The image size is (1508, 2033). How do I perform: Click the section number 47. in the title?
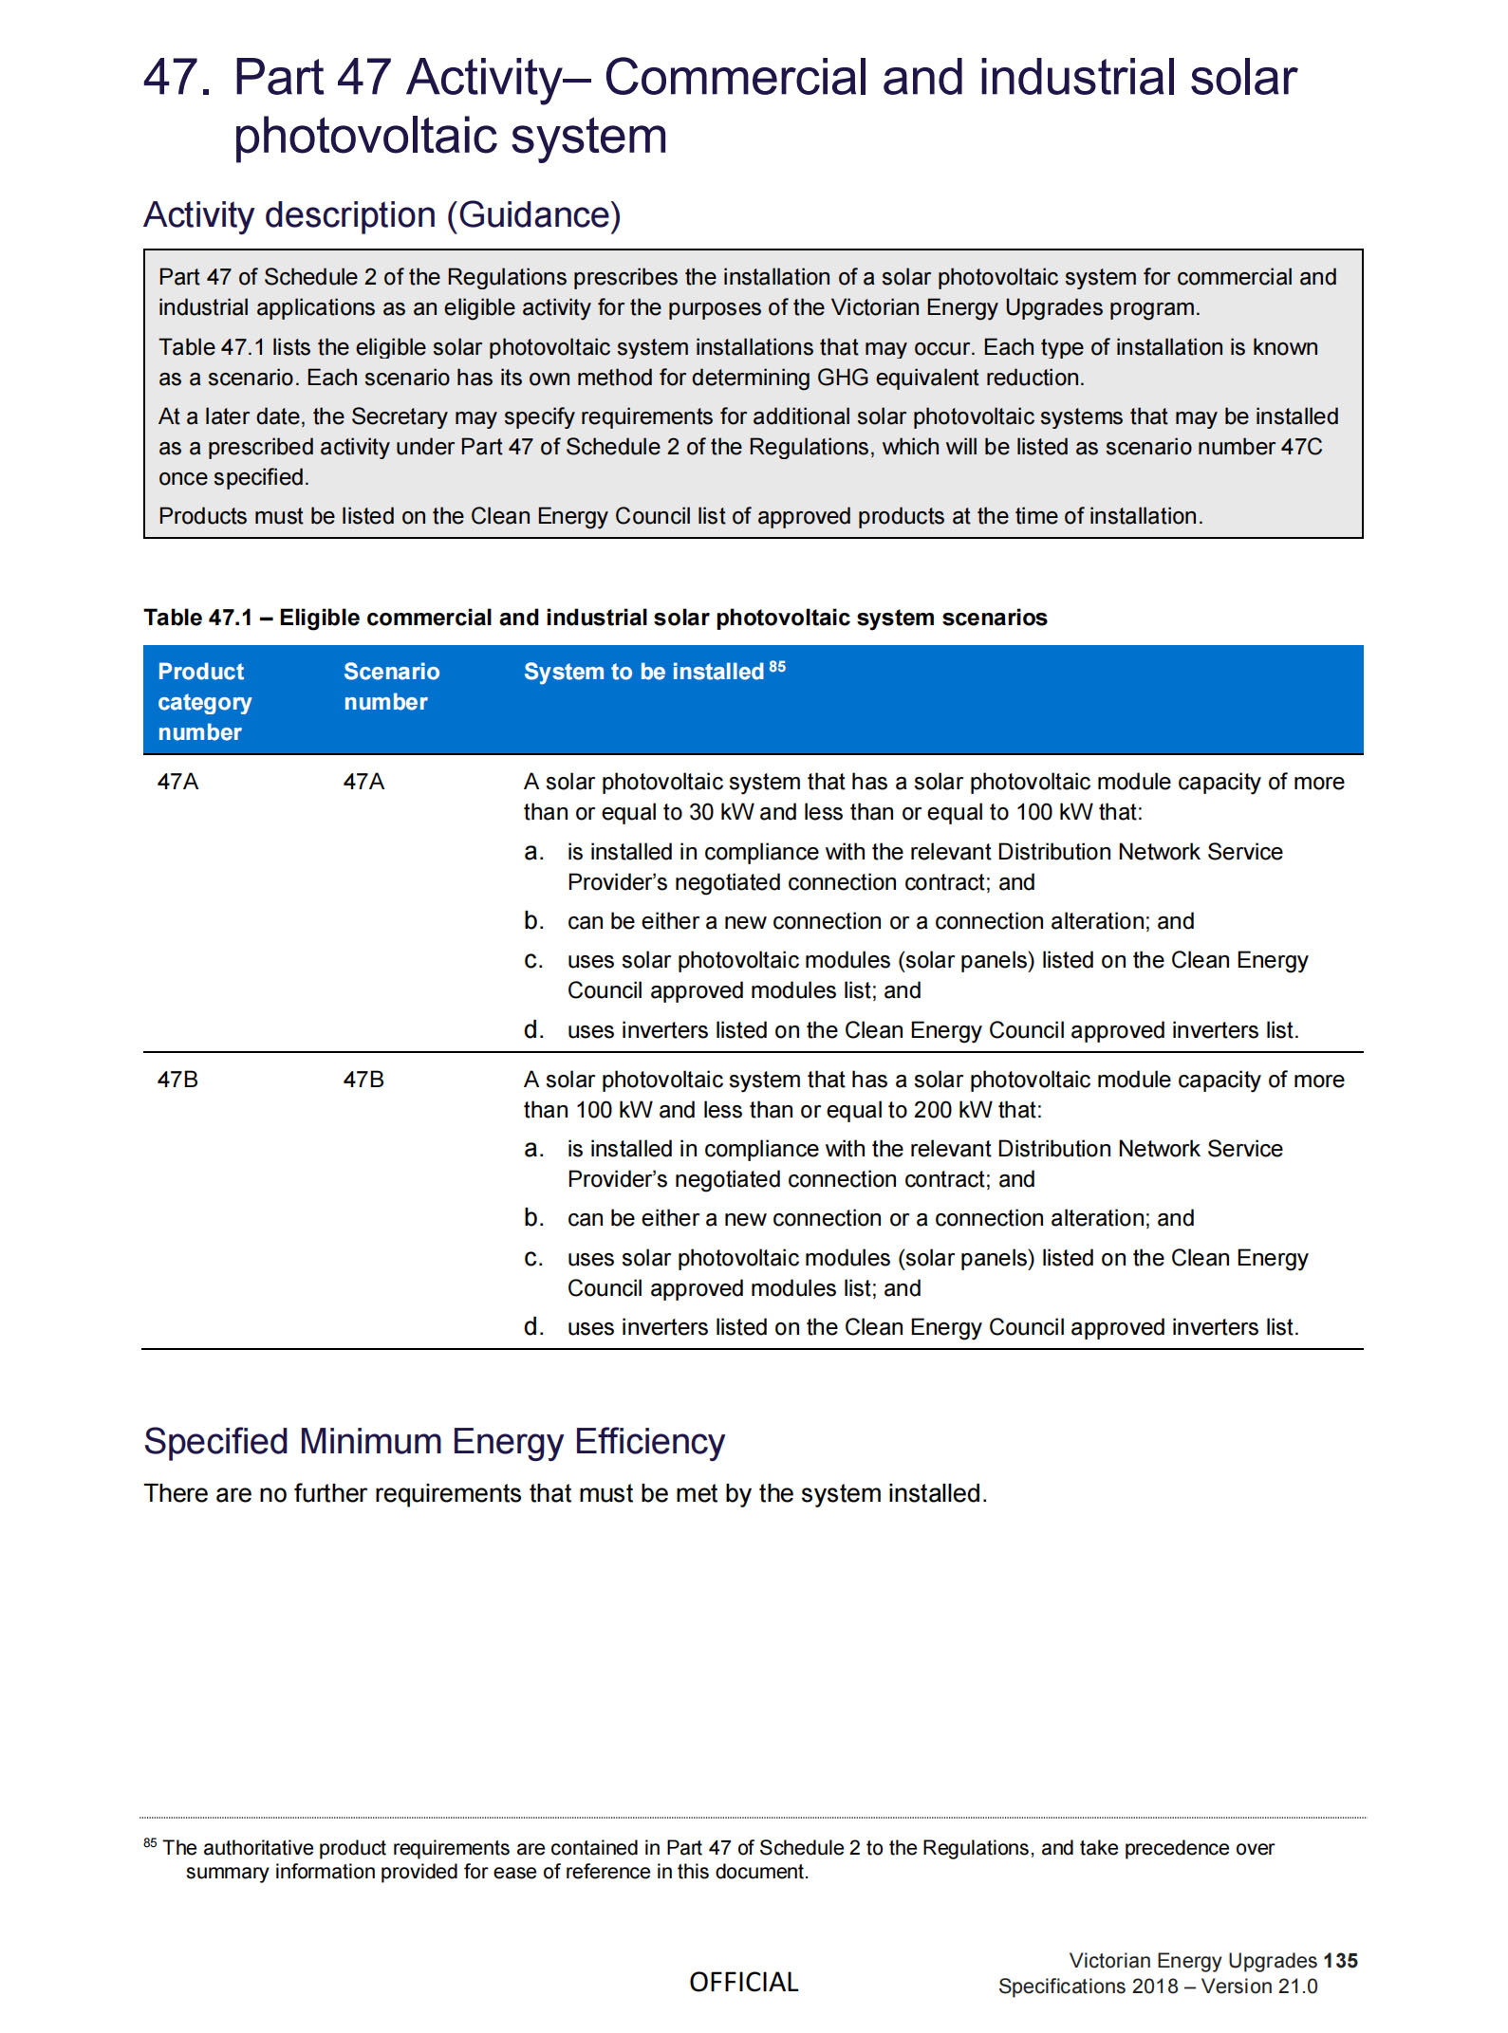tap(177, 78)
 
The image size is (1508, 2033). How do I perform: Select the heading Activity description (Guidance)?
tap(382, 215)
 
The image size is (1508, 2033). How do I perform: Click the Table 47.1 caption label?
tap(197, 618)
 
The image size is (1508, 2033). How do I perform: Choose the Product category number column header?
tap(204, 702)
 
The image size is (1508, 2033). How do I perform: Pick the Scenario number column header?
tap(391, 687)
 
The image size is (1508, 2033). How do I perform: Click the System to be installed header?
tap(643, 672)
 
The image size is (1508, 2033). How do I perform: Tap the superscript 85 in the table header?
tap(777, 666)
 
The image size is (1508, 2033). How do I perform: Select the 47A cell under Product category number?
tap(178, 782)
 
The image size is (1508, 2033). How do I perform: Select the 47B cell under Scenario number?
tap(363, 1080)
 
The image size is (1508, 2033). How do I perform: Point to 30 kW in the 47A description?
tap(720, 812)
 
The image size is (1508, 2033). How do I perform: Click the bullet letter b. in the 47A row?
tap(534, 921)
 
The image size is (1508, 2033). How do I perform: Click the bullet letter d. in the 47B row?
tap(534, 1327)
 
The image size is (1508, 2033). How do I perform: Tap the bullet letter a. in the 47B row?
tap(534, 1149)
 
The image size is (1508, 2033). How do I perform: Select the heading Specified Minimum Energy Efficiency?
tap(434, 1442)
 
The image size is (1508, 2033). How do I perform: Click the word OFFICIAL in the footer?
tap(744, 1982)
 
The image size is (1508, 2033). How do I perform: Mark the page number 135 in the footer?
tap(1340, 1961)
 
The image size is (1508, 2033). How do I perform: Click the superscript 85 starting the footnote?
tap(150, 1842)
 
